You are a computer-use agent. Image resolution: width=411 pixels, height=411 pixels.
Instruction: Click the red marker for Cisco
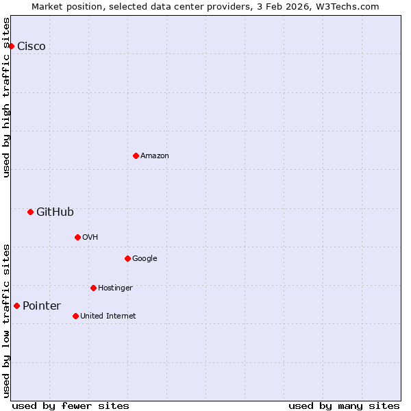12,46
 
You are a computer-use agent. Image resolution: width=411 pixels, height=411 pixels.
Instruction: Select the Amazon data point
136,155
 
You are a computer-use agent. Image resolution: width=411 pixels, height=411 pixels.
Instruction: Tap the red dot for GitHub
30,212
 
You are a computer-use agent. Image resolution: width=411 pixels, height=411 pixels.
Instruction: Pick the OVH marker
77,237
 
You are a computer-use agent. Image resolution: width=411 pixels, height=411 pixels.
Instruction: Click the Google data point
127,258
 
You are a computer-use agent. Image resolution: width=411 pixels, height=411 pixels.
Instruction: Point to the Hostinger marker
93,288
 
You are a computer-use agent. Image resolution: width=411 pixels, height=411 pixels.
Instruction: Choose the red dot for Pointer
16,306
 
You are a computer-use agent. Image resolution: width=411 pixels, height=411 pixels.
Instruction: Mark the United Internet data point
75,316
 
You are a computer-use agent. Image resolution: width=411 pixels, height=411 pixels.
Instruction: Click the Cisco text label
32,47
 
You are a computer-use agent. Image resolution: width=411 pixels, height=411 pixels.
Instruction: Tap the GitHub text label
55,212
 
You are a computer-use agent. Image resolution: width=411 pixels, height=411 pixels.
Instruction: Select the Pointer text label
42,306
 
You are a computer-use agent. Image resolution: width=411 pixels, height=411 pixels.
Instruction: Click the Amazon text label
155,156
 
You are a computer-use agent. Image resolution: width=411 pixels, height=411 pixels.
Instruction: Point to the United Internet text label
108,316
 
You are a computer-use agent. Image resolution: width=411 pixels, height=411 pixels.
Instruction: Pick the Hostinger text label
115,288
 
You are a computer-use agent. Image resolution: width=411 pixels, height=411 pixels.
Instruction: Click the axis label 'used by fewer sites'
71,406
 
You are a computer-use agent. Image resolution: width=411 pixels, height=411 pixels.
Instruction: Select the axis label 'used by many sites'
344,406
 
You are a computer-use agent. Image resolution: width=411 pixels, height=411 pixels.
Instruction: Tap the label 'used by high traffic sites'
6,97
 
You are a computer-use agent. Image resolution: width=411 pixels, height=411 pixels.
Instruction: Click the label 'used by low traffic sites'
6,320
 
